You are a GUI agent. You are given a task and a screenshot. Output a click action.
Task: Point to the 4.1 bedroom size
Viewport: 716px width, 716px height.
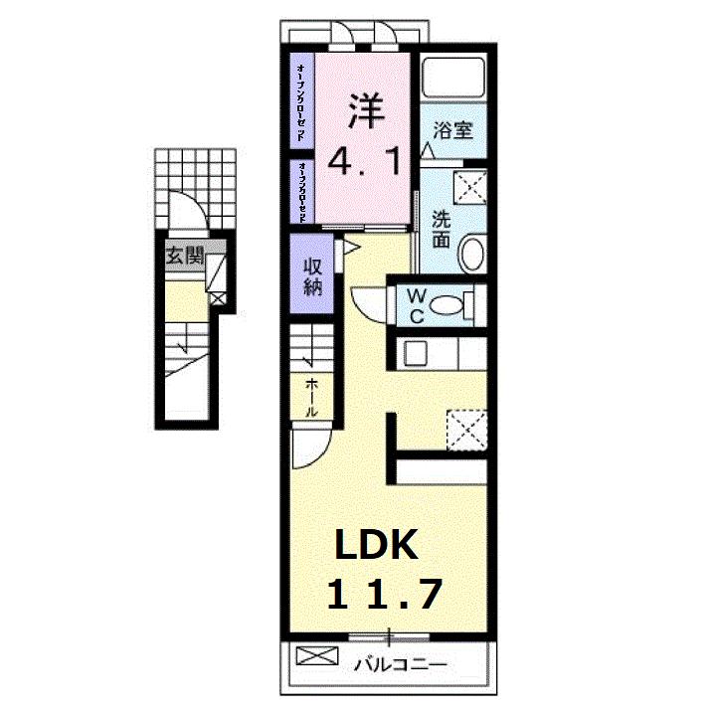(x=365, y=160)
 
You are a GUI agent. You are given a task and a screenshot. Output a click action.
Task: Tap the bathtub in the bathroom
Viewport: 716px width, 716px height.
(x=452, y=79)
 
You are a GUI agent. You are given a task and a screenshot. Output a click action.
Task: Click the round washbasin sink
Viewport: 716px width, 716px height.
(x=471, y=252)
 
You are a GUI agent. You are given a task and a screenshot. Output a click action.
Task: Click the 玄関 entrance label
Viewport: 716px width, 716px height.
(x=184, y=256)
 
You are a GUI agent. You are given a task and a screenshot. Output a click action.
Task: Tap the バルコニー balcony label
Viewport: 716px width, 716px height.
(x=402, y=663)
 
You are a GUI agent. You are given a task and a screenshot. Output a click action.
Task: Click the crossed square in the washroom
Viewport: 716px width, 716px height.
(x=467, y=186)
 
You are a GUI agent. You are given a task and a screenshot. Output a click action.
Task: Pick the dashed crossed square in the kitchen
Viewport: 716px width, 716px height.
(x=464, y=430)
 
